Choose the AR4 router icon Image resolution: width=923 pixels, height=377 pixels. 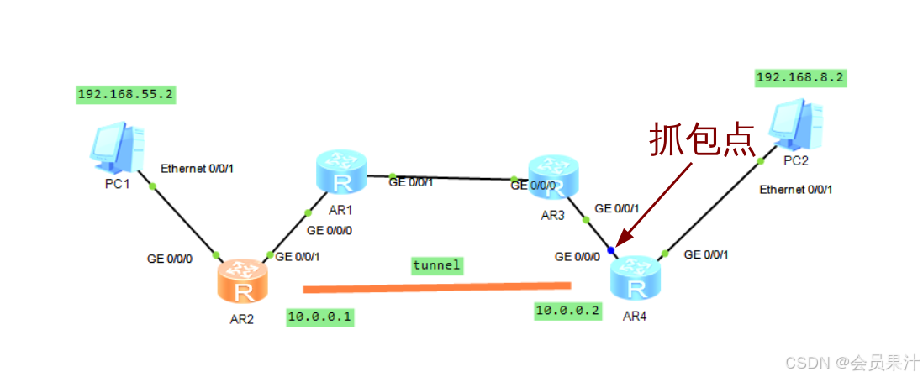tap(636, 278)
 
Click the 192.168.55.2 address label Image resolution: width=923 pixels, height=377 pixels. tap(125, 95)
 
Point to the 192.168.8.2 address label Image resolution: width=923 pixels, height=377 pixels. tap(800, 78)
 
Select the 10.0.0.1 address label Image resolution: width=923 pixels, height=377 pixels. tap(319, 317)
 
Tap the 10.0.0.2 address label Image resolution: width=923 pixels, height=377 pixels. tap(569, 311)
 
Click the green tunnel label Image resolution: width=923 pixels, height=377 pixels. tap(436, 265)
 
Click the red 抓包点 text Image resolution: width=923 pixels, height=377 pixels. tap(702, 139)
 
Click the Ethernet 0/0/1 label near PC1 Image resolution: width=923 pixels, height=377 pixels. tap(197, 169)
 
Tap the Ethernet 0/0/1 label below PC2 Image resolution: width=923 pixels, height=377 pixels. tap(795, 190)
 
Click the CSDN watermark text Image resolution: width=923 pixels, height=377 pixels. tap(850, 363)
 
